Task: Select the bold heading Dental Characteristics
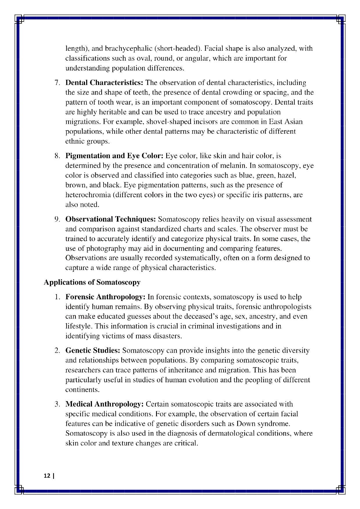(x=104, y=83)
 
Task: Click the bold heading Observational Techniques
(x=111, y=219)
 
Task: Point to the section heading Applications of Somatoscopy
(x=92, y=282)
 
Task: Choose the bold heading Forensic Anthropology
(x=105, y=297)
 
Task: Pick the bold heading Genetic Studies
(x=93, y=350)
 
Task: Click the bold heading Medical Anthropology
(x=104, y=404)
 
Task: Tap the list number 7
(x=57, y=83)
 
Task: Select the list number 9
(x=57, y=219)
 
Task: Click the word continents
(x=82, y=390)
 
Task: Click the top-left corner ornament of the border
(x=19, y=19)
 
